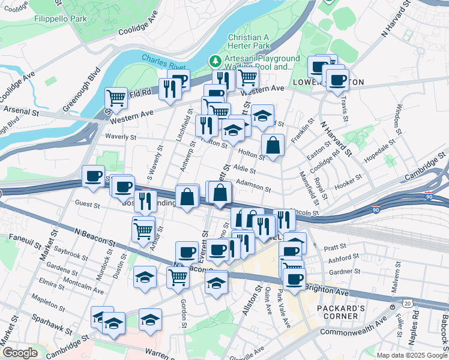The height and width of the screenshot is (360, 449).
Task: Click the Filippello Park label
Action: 61,19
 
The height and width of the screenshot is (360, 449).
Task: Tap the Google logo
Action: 20,353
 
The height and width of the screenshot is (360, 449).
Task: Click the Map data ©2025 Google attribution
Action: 411,355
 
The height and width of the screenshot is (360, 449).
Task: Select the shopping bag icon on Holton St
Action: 273,145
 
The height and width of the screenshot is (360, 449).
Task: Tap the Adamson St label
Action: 253,184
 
